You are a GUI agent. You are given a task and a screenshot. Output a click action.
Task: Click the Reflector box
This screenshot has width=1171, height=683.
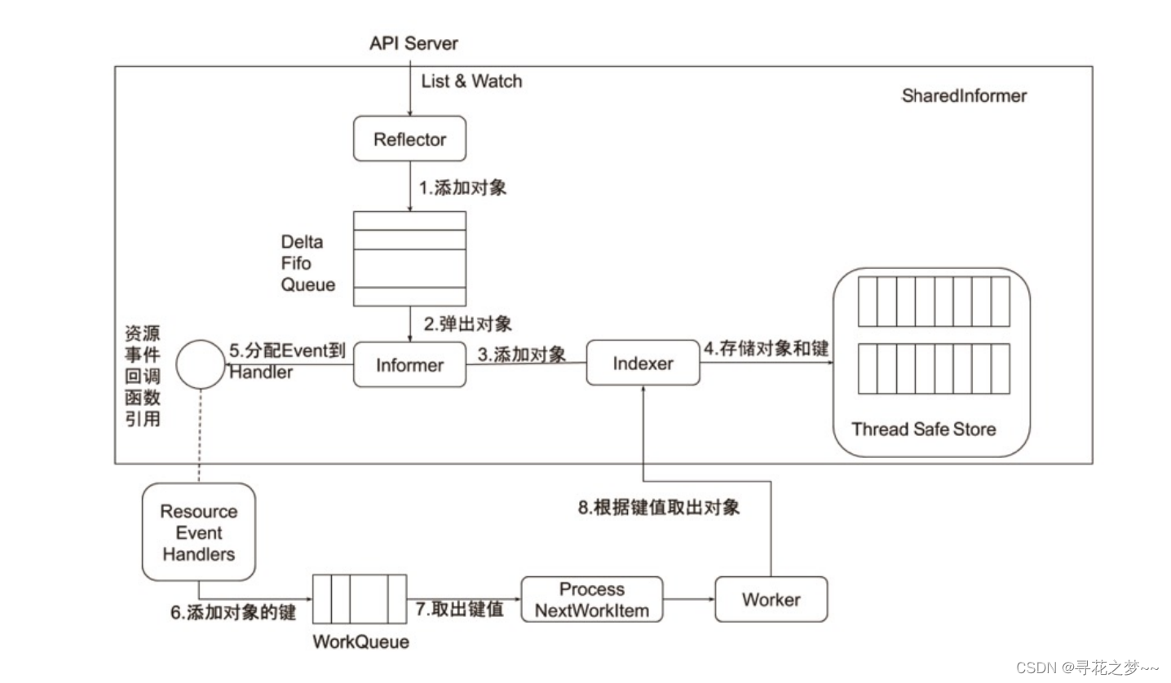click(409, 139)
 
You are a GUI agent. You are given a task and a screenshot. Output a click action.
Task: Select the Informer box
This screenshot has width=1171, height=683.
click(409, 364)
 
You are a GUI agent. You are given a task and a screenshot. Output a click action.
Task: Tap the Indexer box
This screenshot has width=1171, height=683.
click(643, 364)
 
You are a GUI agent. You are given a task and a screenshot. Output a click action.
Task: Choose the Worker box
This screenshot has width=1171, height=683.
click(771, 599)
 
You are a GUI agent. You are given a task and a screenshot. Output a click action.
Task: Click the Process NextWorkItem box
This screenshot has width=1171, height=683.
click(591, 599)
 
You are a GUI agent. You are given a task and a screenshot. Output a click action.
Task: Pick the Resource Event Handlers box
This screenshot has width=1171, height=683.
click(198, 532)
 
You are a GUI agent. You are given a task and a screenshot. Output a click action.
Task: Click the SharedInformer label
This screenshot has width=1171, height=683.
click(963, 95)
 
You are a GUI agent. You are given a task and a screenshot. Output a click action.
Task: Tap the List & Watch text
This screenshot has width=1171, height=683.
click(471, 81)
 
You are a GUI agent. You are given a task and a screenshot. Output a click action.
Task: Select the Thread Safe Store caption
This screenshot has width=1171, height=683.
click(923, 429)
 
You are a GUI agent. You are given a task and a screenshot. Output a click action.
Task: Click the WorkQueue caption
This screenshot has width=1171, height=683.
click(360, 641)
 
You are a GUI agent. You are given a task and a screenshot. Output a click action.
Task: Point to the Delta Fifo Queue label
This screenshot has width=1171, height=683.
click(307, 263)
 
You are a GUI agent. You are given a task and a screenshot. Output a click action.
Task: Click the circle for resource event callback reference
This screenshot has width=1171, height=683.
click(201, 364)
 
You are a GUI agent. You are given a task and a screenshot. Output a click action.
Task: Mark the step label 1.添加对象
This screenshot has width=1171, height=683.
click(462, 187)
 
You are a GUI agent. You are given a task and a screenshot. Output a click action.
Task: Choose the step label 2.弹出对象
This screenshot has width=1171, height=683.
click(467, 324)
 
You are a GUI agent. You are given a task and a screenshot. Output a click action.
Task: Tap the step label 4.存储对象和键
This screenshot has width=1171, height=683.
click(766, 348)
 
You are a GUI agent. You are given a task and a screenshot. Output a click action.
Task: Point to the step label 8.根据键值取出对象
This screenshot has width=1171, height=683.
click(658, 507)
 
